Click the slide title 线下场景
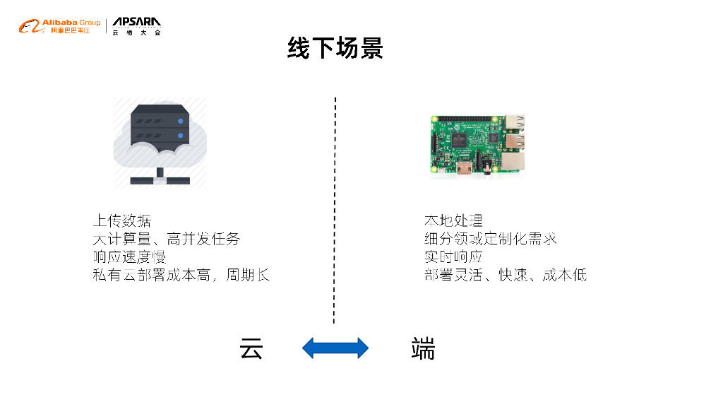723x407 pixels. [335, 48]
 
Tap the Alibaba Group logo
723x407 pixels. [60, 27]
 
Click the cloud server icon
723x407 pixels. [160, 143]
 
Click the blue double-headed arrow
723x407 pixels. [335, 348]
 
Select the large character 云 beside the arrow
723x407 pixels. [251, 348]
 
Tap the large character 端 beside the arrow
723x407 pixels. [423, 348]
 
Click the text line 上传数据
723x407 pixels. [121, 220]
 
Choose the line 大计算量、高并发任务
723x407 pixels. [167, 239]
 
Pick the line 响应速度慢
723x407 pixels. [129, 256]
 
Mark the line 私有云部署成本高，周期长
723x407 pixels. [181, 275]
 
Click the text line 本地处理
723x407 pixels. [453, 220]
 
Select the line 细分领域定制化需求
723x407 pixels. [490, 239]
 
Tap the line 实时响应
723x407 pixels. [453, 256]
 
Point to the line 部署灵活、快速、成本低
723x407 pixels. [505, 275]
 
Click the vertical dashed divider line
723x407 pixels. [335, 212]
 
